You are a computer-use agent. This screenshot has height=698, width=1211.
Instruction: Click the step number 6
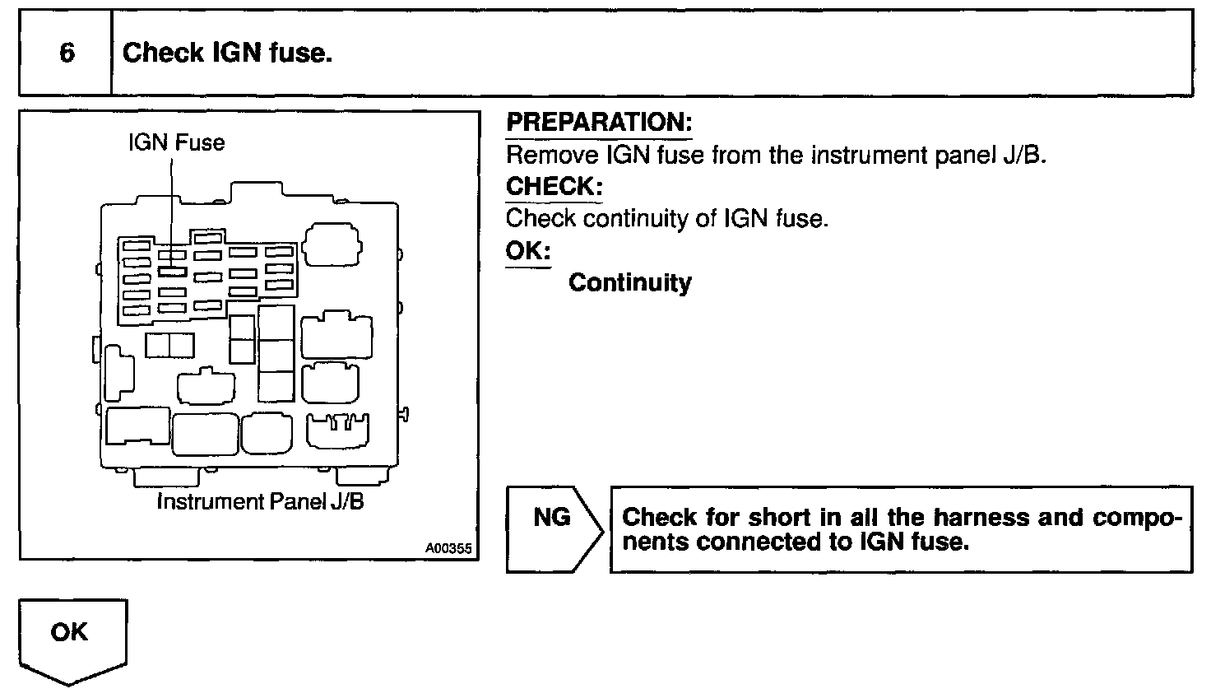[67, 54]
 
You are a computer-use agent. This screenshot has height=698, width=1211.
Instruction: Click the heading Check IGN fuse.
[227, 54]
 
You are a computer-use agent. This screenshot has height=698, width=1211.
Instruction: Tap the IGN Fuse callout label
[176, 142]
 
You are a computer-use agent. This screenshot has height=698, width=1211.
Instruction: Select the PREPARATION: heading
[598, 123]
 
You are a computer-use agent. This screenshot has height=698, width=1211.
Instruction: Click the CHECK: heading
[554, 186]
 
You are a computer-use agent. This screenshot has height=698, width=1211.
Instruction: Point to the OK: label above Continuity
[527, 250]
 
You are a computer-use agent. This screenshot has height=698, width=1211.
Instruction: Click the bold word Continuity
[629, 283]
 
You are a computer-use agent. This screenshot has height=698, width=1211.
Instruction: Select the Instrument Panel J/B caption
[260, 501]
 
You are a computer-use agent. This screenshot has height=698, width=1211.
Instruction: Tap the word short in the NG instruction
[778, 518]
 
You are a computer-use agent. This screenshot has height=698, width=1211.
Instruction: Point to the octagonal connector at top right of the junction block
[332, 244]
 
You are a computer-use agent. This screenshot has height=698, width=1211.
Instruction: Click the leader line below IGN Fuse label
[172, 206]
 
